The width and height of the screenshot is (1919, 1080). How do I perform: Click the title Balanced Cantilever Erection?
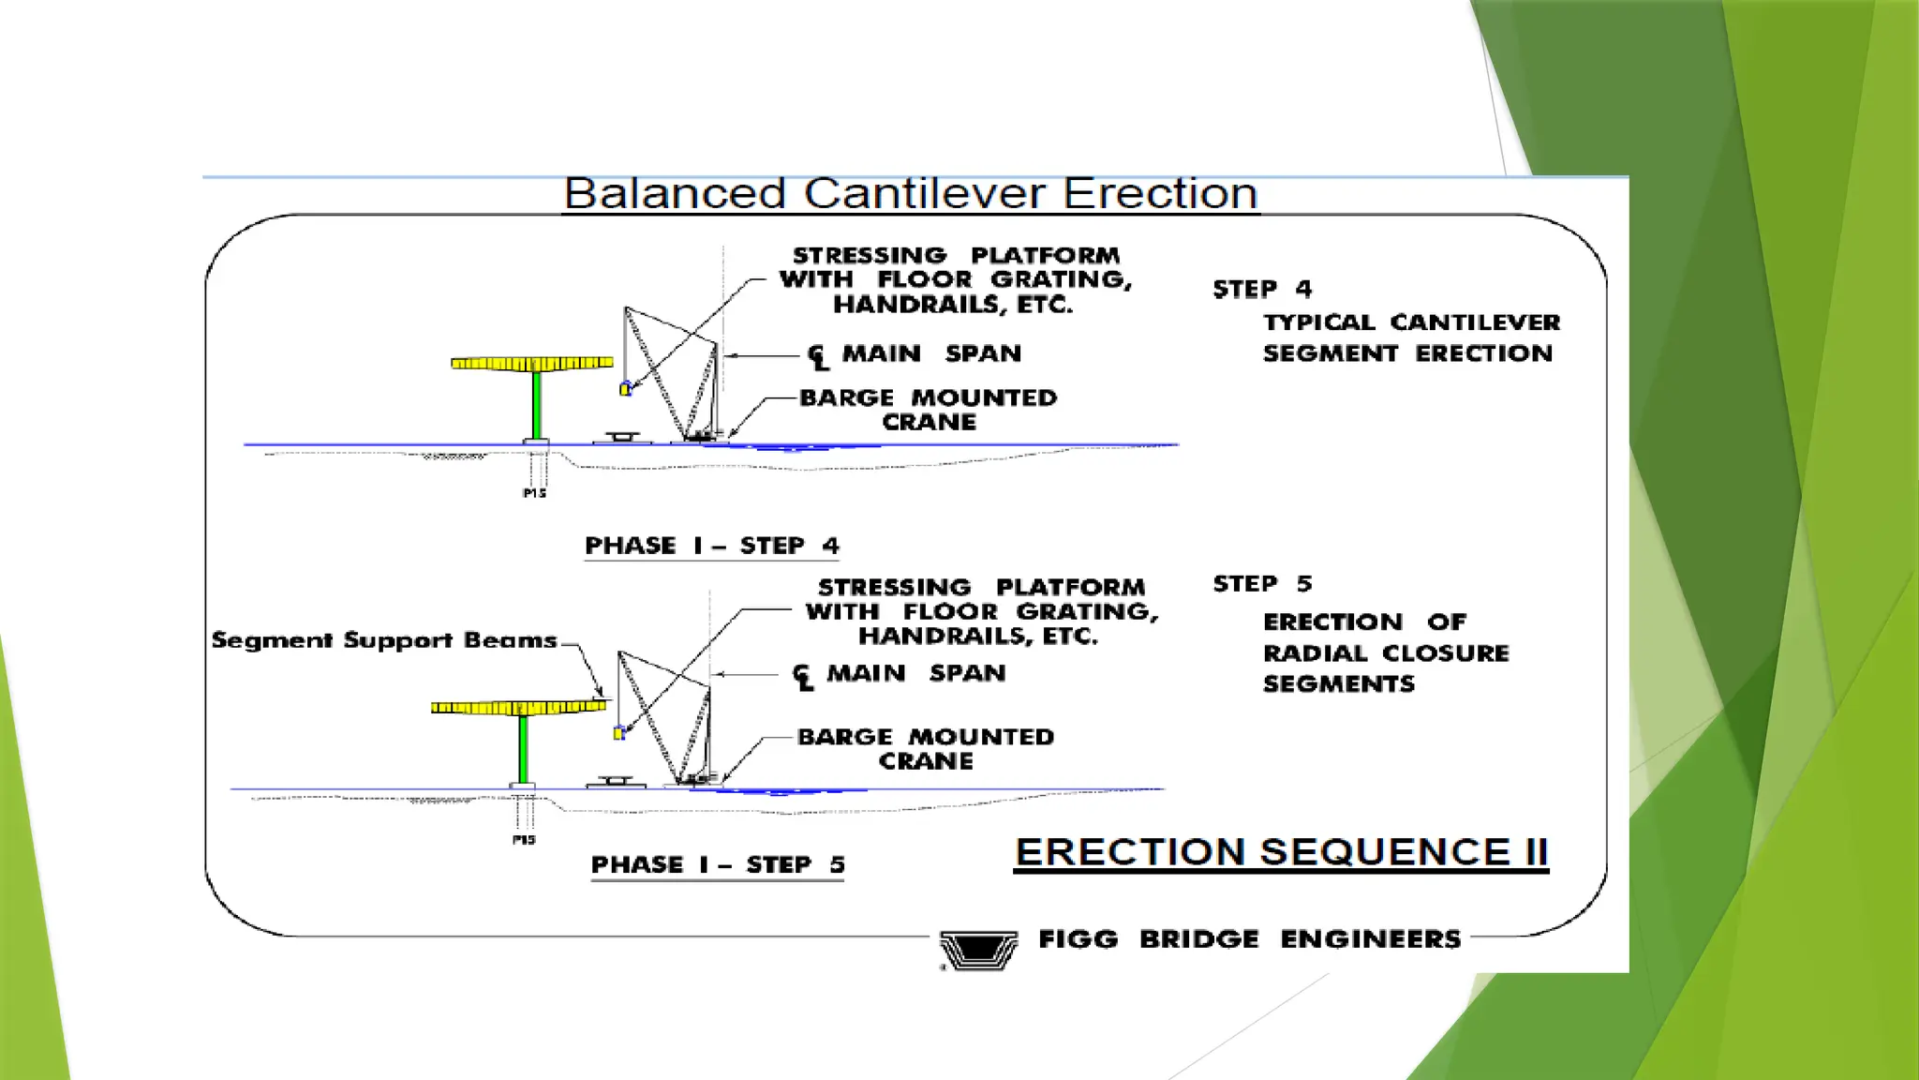(x=911, y=194)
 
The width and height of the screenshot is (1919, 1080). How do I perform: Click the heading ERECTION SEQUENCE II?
(x=1281, y=852)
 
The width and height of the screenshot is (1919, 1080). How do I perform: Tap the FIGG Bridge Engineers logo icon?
(x=978, y=950)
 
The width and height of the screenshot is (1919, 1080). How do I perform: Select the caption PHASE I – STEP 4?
(x=712, y=546)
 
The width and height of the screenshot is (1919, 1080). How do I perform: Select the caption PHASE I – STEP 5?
(x=718, y=864)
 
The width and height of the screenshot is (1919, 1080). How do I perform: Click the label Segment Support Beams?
(x=384, y=640)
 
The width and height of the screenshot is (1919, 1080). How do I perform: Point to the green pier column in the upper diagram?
(x=537, y=404)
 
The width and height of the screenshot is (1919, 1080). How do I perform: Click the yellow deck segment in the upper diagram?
(x=531, y=363)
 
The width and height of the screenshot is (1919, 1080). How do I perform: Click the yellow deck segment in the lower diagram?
(x=517, y=707)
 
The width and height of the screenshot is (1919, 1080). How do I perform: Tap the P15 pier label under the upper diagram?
(x=534, y=493)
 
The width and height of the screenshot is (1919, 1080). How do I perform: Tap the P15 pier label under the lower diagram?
(x=524, y=840)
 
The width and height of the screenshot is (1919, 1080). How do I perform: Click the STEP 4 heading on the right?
(x=1262, y=289)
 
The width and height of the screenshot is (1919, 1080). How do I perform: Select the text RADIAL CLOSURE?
(x=1386, y=653)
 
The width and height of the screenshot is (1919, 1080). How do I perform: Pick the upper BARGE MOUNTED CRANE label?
(x=928, y=410)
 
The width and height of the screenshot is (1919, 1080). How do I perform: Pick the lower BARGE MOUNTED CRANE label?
(x=926, y=749)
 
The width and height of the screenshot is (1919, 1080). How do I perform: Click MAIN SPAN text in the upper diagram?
(x=930, y=353)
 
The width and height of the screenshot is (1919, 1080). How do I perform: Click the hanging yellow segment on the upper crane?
(x=626, y=388)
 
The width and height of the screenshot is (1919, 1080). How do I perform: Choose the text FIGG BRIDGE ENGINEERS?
(x=1249, y=939)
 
